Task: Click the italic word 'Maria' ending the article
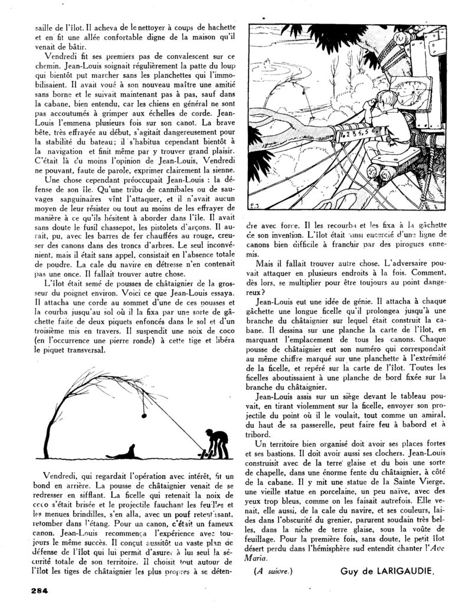[x=258, y=557]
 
